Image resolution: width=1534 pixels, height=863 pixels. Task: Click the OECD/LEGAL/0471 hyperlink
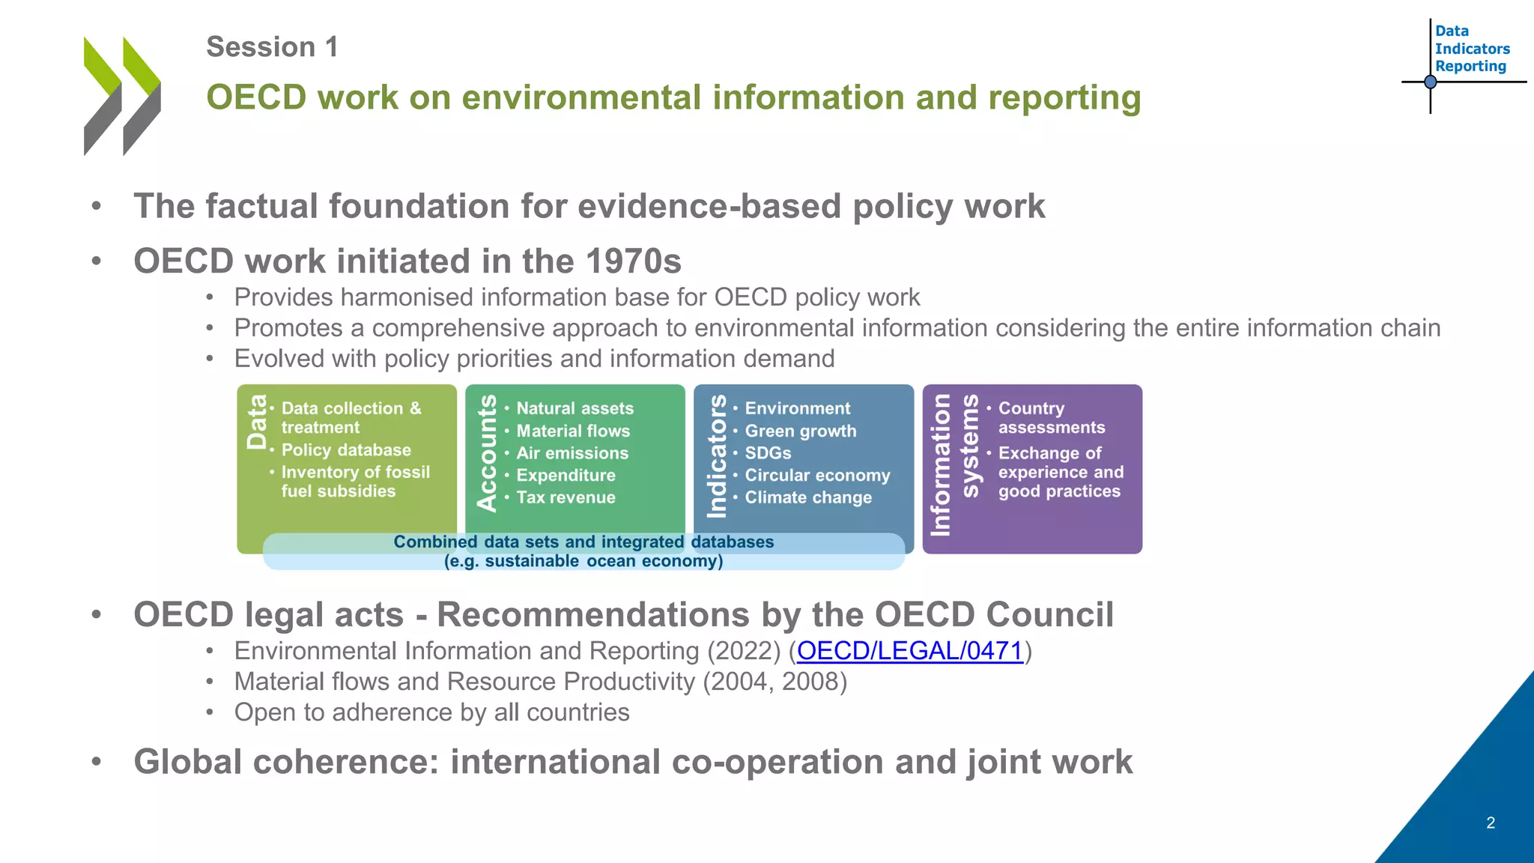pyautogui.click(x=909, y=651)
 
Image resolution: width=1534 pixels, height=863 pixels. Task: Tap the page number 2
pyautogui.click(x=1490, y=823)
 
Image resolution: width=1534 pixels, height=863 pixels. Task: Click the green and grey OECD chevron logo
pyautogui.click(x=122, y=96)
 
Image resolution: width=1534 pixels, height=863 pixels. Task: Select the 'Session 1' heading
pyautogui.click(x=272, y=47)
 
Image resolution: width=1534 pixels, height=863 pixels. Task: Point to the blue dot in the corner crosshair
pyautogui.click(x=1430, y=82)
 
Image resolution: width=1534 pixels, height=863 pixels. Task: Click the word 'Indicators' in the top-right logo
pyautogui.click(x=1472, y=49)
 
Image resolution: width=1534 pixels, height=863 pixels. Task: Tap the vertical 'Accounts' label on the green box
pyautogui.click(x=487, y=453)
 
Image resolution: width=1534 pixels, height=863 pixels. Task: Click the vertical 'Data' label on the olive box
pyautogui.click(x=257, y=422)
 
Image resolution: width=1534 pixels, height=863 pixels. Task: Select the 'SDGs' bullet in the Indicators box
pyautogui.click(x=768, y=453)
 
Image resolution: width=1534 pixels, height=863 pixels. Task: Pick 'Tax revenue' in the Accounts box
pyautogui.click(x=566, y=497)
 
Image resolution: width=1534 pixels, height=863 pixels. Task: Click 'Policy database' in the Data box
pyautogui.click(x=346, y=450)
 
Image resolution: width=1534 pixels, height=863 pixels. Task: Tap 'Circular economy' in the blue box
pyautogui.click(x=817, y=476)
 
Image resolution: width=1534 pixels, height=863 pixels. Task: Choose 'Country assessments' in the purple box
pyautogui.click(x=1051, y=418)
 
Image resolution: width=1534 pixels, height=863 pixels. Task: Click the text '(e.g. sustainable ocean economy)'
pyautogui.click(x=583, y=561)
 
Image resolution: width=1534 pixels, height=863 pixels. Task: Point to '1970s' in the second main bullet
pyautogui.click(x=633, y=261)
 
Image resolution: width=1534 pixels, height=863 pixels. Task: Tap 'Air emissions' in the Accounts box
pyautogui.click(x=572, y=453)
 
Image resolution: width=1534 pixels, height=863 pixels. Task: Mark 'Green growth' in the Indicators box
pyautogui.click(x=800, y=431)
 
